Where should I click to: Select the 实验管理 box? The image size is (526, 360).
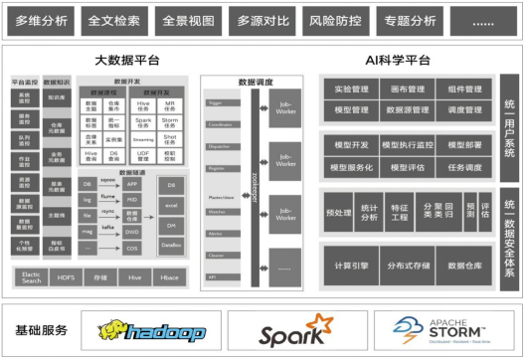pos(349,90)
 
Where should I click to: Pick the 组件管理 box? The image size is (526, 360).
pos(463,90)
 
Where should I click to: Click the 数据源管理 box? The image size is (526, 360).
pos(406,109)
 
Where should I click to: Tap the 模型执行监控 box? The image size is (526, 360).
pos(406,144)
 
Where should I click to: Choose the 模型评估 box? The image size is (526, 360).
pos(406,167)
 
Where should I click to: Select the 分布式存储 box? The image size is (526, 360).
pos(406,266)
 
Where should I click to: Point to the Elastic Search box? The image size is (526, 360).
pos(32,277)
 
